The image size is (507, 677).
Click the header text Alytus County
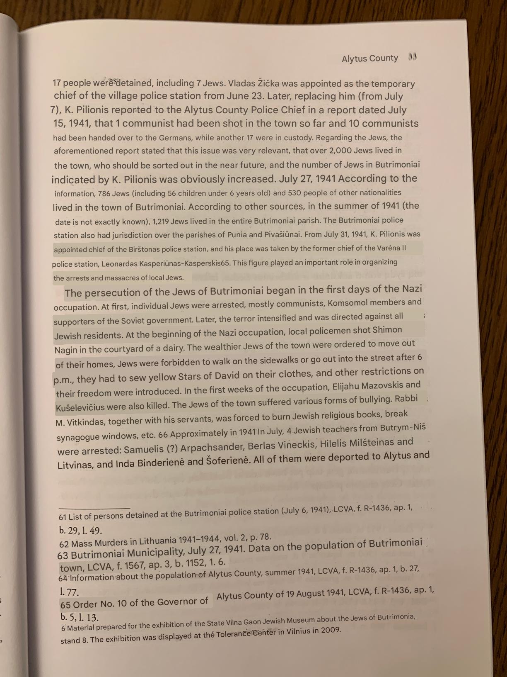369,58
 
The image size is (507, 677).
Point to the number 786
104,194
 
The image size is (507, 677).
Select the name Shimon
387,330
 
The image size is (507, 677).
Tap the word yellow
162,377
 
